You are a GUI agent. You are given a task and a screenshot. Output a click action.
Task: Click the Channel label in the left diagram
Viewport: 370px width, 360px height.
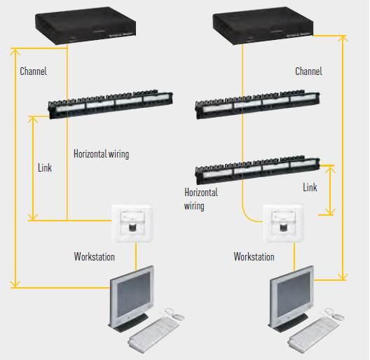pos(33,71)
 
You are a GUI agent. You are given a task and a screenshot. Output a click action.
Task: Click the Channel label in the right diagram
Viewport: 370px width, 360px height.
pos(308,71)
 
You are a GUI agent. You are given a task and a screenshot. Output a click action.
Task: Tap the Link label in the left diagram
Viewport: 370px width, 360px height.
pos(45,167)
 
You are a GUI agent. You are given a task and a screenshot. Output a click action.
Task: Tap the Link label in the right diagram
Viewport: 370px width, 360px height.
pos(310,187)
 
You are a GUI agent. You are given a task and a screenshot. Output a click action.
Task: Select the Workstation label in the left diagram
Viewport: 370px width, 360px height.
pos(95,256)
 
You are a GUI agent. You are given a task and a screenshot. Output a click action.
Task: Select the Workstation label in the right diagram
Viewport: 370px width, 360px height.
pos(254,256)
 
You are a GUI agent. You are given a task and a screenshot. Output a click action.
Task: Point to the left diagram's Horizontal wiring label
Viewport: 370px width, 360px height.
pos(102,154)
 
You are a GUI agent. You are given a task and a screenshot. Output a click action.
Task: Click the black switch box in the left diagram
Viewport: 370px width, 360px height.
pos(85,25)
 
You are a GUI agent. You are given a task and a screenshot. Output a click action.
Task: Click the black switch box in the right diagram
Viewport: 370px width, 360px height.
pos(263,25)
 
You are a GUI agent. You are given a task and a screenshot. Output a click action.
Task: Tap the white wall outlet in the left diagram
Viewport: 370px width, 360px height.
pos(132,223)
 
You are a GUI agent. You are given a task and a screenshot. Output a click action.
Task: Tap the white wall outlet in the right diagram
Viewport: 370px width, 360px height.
pos(283,223)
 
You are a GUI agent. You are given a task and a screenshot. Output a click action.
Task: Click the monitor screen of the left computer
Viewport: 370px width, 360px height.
pos(134,293)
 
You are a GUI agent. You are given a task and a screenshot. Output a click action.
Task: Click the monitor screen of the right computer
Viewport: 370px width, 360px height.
pos(294,293)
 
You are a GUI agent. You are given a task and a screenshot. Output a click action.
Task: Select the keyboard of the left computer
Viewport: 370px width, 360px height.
pos(153,335)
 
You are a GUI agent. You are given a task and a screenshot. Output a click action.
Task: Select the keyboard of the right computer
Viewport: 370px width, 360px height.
pos(313,335)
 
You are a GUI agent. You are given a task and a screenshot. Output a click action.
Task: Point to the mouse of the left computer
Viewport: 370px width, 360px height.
pos(178,317)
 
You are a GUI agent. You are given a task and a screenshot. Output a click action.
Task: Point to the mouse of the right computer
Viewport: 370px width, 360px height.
pos(338,317)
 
